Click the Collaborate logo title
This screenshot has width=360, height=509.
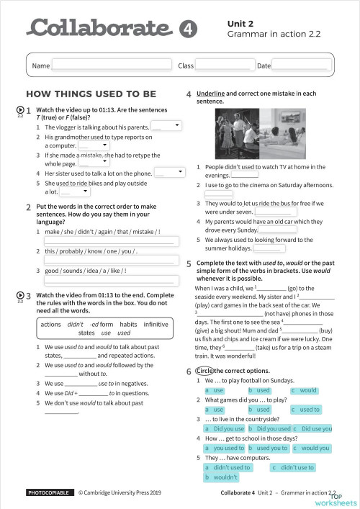(99, 29)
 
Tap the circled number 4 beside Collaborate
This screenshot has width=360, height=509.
(186, 30)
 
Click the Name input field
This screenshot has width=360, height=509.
(112, 66)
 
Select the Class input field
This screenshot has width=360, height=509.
(223, 66)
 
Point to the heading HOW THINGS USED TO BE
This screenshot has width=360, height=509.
(91, 94)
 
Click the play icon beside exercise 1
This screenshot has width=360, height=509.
(19, 109)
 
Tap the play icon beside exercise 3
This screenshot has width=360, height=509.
(19, 295)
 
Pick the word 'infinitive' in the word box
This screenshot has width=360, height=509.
(156, 324)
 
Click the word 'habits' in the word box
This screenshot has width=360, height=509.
(129, 324)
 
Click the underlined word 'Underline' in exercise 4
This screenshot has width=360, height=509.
(210, 94)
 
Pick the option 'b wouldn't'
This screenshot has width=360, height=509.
(222, 477)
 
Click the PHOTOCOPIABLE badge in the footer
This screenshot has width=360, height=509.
(49, 493)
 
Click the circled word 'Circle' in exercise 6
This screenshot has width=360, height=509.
(205, 370)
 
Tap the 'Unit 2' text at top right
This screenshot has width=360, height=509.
(240, 24)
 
